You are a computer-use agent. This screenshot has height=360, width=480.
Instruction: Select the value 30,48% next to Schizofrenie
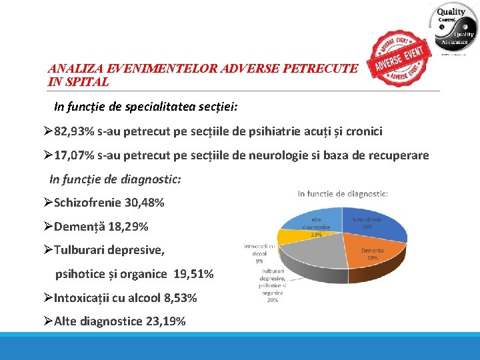pos(144,203)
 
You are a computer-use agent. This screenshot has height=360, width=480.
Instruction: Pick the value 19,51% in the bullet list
pos(193,274)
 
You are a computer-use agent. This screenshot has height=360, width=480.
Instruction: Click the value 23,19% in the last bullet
pos(165,321)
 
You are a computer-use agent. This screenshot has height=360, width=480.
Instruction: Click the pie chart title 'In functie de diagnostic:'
pos(343,194)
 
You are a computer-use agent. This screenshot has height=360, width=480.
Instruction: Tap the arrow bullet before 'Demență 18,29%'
pos(47,227)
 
